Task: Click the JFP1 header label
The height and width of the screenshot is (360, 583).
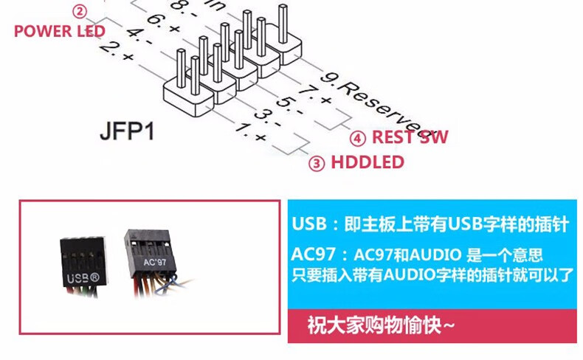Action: coord(127,134)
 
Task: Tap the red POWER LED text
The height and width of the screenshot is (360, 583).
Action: coord(60,31)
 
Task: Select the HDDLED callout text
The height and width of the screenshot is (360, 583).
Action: coord(367,162)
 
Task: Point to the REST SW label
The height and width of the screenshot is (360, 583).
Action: coord(410,137)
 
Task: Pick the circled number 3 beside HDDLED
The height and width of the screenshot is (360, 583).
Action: coord(317,163)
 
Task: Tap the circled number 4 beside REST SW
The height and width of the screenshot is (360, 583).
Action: coord(357,138)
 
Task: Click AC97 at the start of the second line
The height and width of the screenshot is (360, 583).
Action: coord(312,255)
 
